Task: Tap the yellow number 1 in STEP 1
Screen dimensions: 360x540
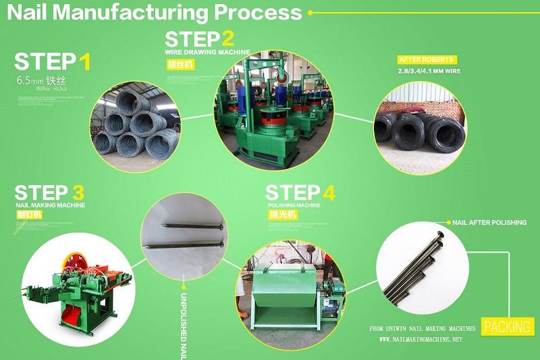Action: click(x=84, y=62)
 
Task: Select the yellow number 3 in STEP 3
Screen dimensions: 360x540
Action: click(x=78, y=192)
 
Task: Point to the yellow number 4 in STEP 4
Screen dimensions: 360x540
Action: click(x=328, y=192)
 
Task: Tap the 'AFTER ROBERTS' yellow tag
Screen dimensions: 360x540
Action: click(x=427, y=59)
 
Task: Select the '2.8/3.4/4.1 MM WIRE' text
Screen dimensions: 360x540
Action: click(x=429, y=70)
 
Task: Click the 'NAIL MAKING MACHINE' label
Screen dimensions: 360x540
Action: click(x=50, y=205)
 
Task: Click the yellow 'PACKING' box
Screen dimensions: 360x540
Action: click(x=507, y=327)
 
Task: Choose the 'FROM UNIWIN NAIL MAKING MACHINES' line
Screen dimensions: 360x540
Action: click(x=423, y=329)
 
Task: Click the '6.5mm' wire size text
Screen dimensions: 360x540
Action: click(x=30, y=80)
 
